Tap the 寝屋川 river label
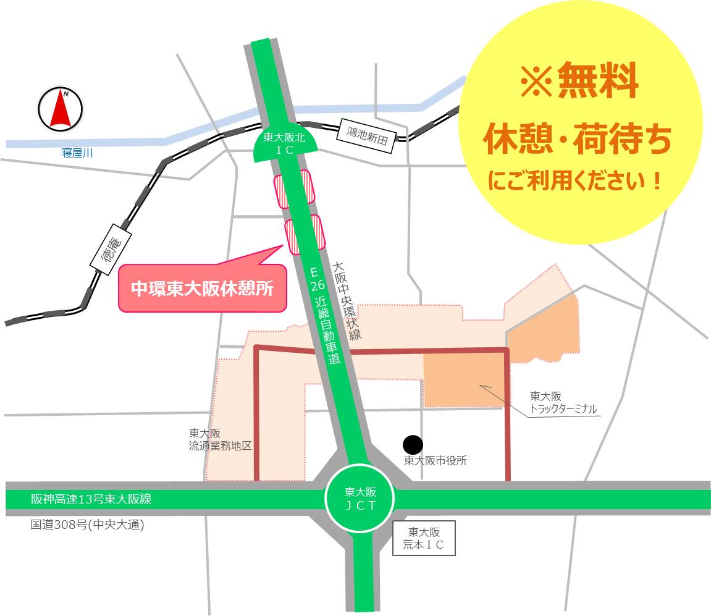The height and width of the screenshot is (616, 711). coord(77,153)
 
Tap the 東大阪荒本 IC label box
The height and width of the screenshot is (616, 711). coord(424,538)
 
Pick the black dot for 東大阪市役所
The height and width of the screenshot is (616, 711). coord(413,444)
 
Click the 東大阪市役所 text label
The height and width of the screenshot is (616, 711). coord(435,460)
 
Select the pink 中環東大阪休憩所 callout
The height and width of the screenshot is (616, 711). coord(202,289)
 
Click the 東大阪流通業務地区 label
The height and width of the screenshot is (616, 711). coord(221,439)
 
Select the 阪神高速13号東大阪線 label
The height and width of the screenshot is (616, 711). coord(91,499)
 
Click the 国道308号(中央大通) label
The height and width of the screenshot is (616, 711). coord(87,525)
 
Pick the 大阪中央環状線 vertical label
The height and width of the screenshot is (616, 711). coord(345,300)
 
